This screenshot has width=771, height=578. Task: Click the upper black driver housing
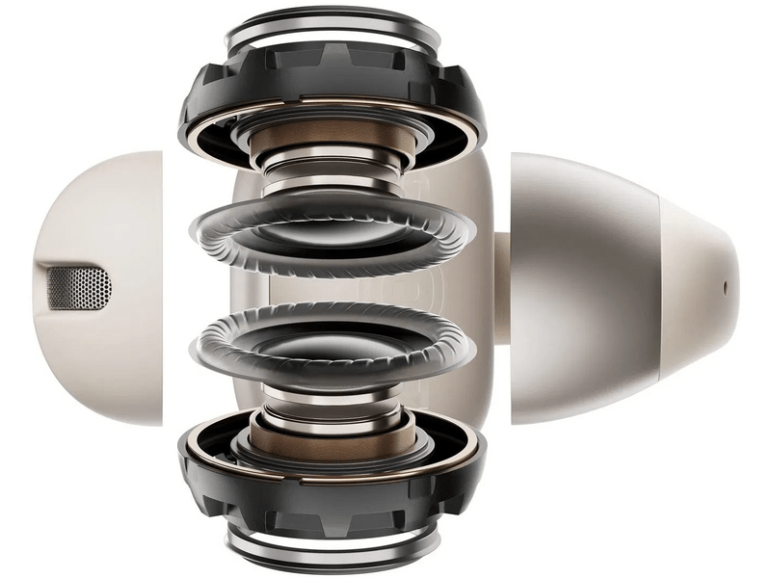[x=212, y=106]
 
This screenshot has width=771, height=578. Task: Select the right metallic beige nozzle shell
[x=588, y=289]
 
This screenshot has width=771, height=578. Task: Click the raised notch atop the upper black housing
[x=333, y=58]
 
